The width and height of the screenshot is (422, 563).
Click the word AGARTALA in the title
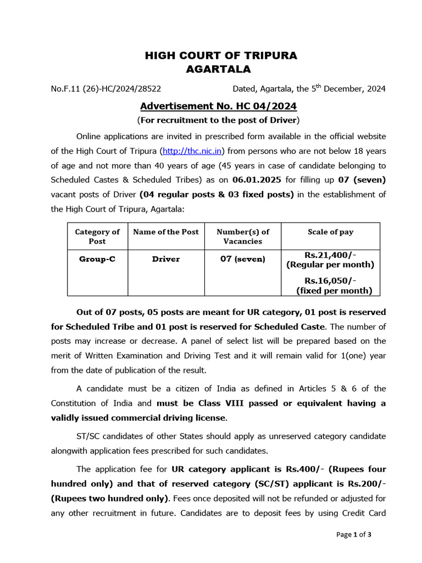218,69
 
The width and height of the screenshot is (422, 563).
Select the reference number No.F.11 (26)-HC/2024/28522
106,89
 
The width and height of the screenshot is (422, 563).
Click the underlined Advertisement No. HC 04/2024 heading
218,106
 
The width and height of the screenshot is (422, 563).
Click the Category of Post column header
97,236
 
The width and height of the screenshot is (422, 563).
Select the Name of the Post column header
166,232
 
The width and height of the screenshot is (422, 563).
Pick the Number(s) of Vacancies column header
243,236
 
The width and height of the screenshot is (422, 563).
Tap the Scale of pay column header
330,232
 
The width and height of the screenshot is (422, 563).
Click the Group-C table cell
97,259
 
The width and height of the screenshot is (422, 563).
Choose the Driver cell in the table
166,259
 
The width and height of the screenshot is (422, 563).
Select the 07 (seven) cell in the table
243,259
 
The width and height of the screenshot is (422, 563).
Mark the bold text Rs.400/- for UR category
308,469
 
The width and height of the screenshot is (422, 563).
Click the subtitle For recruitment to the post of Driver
218,120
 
